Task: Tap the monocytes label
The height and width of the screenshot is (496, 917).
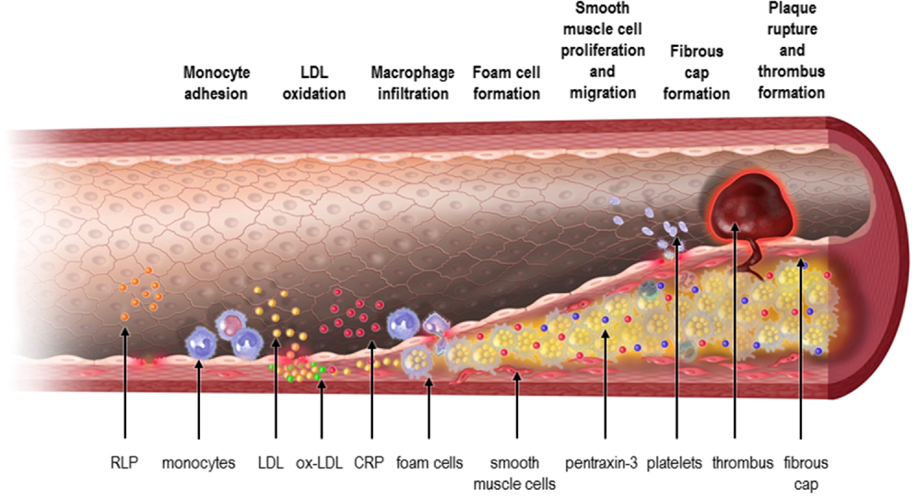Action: (x=199, y=463)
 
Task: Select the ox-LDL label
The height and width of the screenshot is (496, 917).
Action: (x=319, y=463)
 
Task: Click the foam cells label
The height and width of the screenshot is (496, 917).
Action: (x=430, y=463)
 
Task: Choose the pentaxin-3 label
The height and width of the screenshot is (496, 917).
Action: (x=602, y=463)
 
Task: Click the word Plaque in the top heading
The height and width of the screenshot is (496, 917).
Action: (x=792, y=8)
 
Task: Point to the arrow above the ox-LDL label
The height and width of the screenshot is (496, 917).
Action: (x=322, y=409)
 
